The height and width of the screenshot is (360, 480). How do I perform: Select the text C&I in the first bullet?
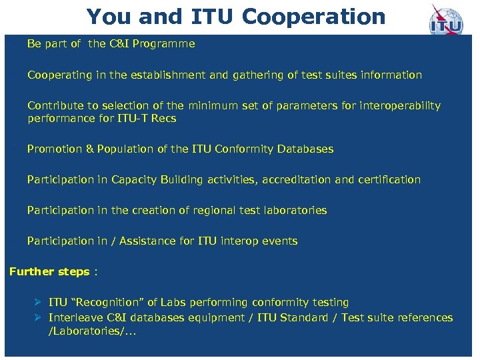click(x=119, y=44)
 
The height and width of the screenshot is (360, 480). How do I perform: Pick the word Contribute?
click(x=53, y=106)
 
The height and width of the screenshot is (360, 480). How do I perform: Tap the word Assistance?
click(x=149, y=241)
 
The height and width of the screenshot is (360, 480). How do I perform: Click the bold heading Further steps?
click(x=49, y=272)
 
